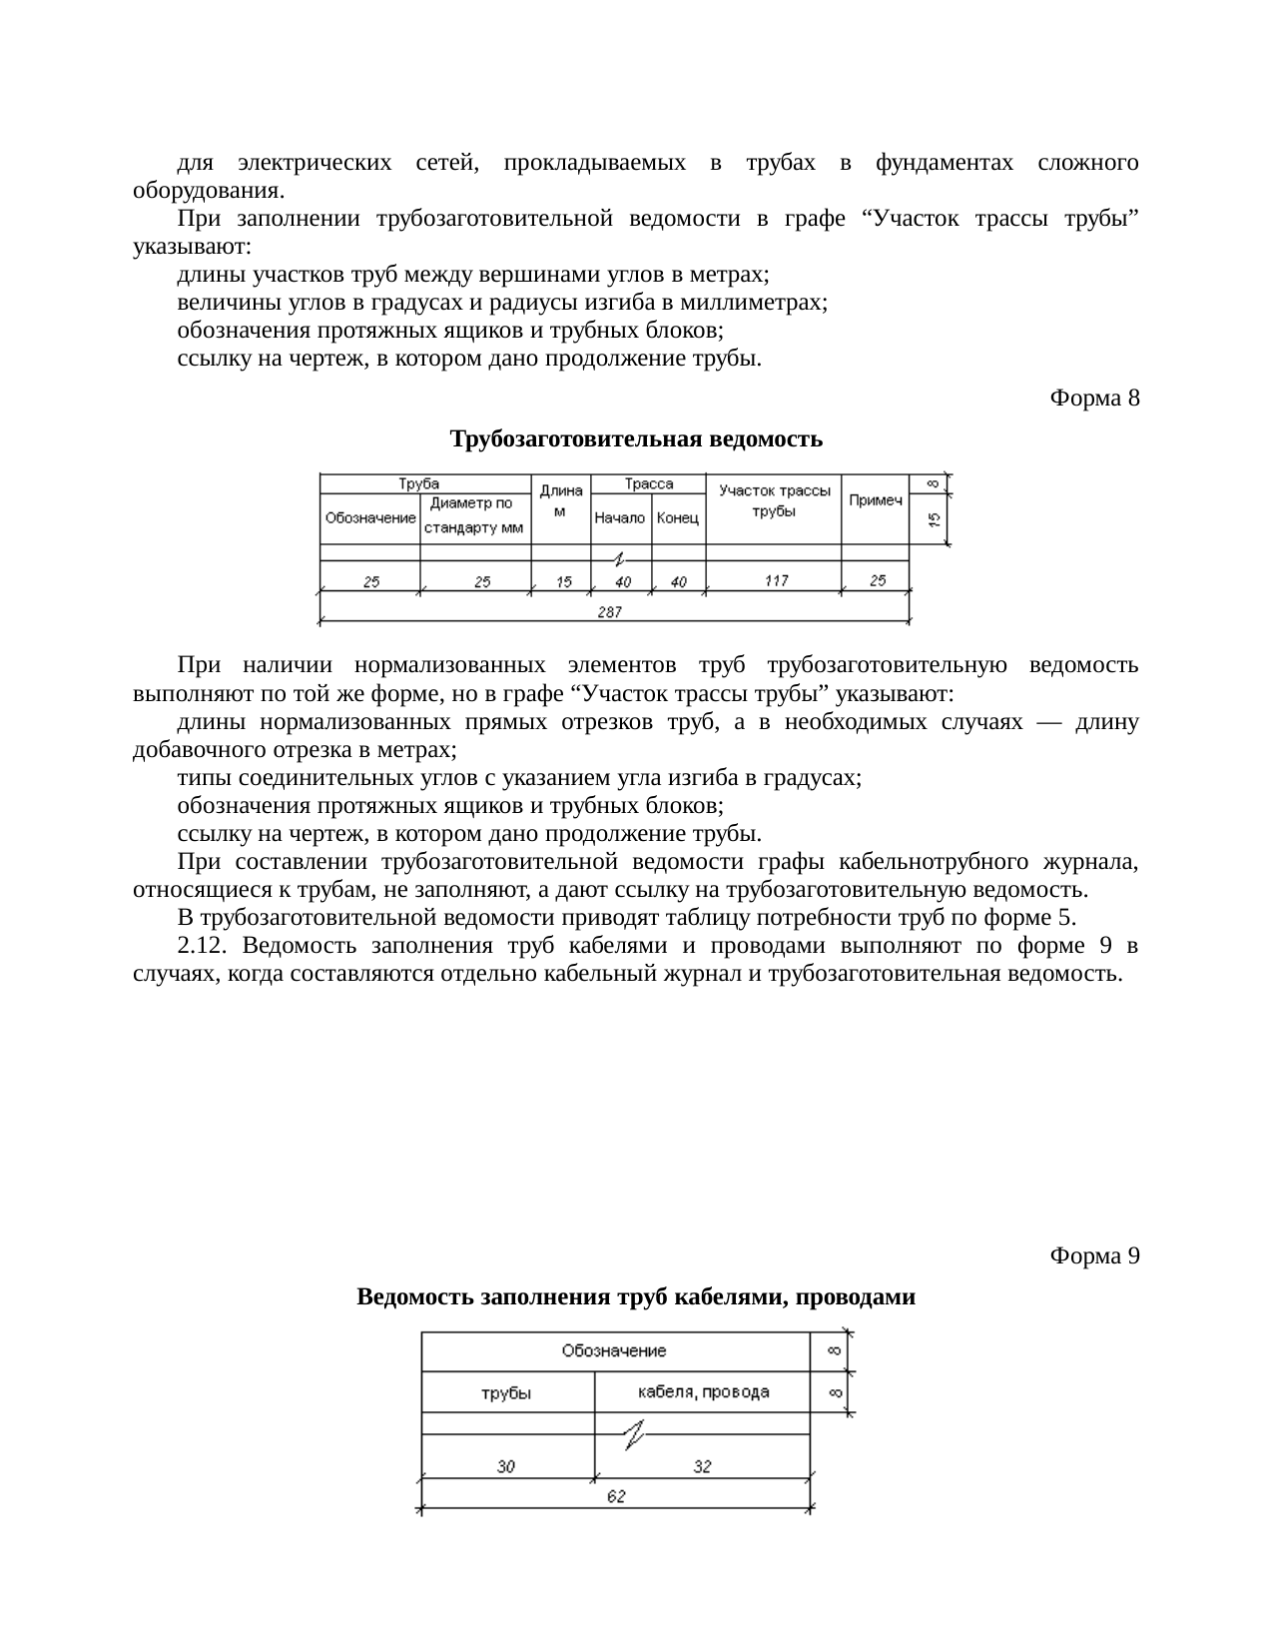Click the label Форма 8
pyautogui.click(x=1094, y=399)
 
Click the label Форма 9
pyautogui.click(x=1094, y=1255)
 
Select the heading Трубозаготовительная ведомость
pyautogui.click(x=636, y=438)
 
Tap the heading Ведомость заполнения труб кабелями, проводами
pyautogui.click(x=636, y=1296)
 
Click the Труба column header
pyautogui.click(x=419, y=483)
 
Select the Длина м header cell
pyautogui.click(x=560, y=501)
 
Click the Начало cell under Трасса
pyautogui.click(x=620, y=518)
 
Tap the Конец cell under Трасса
pyautogui.click(x=678, y=518)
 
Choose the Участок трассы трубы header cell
pyautogui.click(x=774, y=500)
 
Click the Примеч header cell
pyautogui.click(x=876, y=500)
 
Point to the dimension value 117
pyautogui.click(x=776, y=581)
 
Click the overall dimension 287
pyautogui.click(x=610, y=612)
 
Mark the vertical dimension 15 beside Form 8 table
pyautogui.click(x=934, y=519)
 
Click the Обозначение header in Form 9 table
pyautogui.click(x=614, y=1350)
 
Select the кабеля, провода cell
pyautogui.click(x=703, y=1391)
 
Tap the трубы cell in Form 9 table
pyautogui.click(x=506, y=1393)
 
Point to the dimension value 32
pyautogui.click(x=703, y=1466)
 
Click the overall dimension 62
pyautogui.click(x=616, y=1497)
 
